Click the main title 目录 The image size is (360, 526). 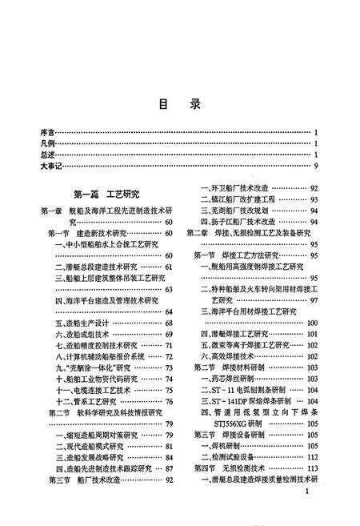pyautogui.click(x=179, y=104)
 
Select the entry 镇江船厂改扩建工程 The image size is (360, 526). pyautogui.click(x=242, y=199)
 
